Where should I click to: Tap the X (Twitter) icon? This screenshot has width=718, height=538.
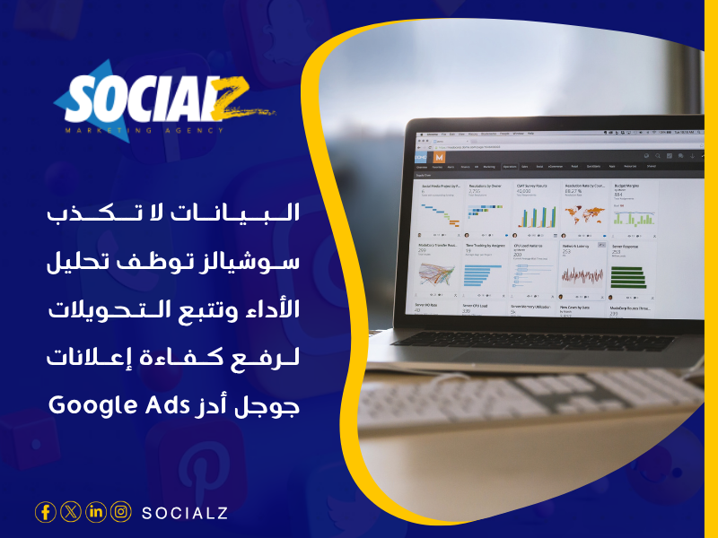(71, 512)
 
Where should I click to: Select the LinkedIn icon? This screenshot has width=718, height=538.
(96, 512)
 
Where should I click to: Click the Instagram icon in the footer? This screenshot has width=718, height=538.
(121, 512)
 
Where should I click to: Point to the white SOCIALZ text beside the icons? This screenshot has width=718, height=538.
(184, 513)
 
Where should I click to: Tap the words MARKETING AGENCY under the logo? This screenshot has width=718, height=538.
(143, 131)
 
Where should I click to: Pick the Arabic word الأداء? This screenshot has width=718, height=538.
(269, 311)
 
